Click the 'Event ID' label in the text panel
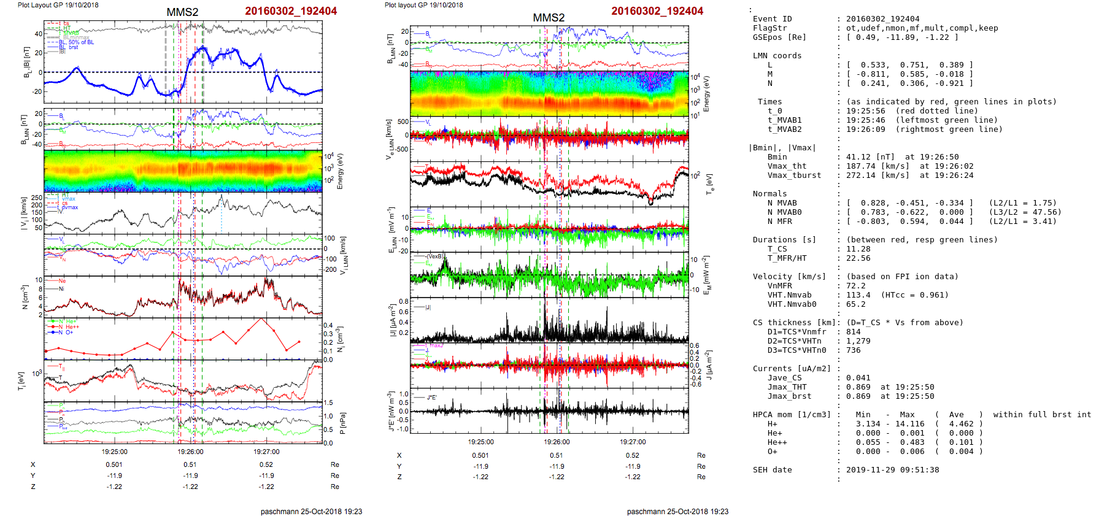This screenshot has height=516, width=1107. [772, 19]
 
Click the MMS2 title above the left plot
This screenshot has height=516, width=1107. [182, 12]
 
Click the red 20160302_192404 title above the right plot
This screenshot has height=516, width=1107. [657, 11]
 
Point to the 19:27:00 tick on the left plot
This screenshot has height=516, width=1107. [266, 452]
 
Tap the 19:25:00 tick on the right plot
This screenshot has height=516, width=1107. [480, 442]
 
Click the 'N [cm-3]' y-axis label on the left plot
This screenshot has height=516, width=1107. [25, 296]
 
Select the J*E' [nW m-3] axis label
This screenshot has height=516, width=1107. [390, 411]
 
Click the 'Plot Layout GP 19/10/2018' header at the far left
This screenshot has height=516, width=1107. [58, 5]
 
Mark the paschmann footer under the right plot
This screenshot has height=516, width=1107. [677, 511]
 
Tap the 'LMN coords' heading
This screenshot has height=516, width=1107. [777, 56]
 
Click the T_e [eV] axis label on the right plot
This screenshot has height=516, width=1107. [710, 183]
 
